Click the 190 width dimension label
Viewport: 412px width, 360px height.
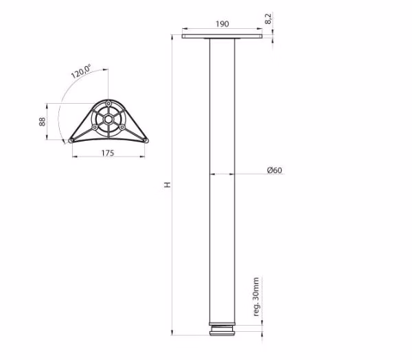pyautogui.click(x=222, y=24)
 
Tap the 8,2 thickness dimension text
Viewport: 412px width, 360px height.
pyautogui.click(x=268, y=19)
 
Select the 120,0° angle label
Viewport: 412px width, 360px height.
pyautogui.click(x=81, y=71)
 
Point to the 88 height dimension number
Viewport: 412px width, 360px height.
pyautogui.click(x=42, y=122)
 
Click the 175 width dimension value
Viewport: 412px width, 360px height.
pyautogui.click(x=108, y=153)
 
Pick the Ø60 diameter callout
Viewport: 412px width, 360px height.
pyautogui.click(x=274, y=170)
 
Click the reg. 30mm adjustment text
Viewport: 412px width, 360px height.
pyautogui.click(x=256, y=297)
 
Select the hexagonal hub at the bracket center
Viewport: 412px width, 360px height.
pyautogui.click(x=108, y=120)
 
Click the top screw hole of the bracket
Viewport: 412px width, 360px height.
pyautogui.click(x=108, y=104)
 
